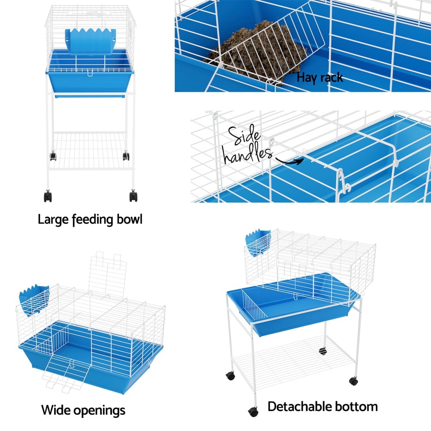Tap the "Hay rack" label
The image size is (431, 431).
tap(320, 78)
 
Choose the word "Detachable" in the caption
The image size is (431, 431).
tap(302, 406)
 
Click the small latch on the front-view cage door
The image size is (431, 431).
tap(90, 75)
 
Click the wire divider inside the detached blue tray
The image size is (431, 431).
tap(254, 305)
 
